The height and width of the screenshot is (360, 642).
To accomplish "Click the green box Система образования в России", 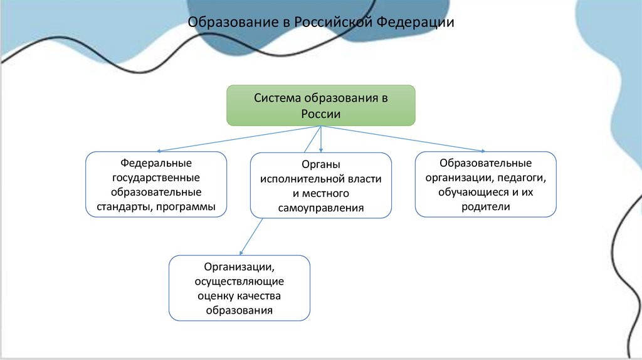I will click(320, 105).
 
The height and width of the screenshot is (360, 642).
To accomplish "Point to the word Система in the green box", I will click(277, 98).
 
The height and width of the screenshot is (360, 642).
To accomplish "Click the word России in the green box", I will click(320, 114).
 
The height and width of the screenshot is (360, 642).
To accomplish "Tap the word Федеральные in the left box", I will click(155, 162).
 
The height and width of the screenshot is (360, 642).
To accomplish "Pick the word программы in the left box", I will click(184, 206).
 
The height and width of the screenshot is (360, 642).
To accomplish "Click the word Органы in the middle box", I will click(320, 165).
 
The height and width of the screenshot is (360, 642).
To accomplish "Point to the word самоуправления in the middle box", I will click(320, 208).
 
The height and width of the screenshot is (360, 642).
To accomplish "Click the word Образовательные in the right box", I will click(485, 162).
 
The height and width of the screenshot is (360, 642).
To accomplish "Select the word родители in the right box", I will click(485, 206).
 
